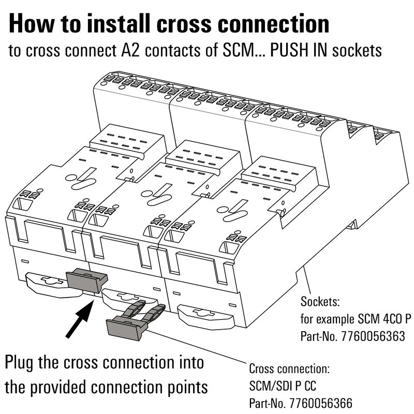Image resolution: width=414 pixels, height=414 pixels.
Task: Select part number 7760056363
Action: point(372,337)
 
